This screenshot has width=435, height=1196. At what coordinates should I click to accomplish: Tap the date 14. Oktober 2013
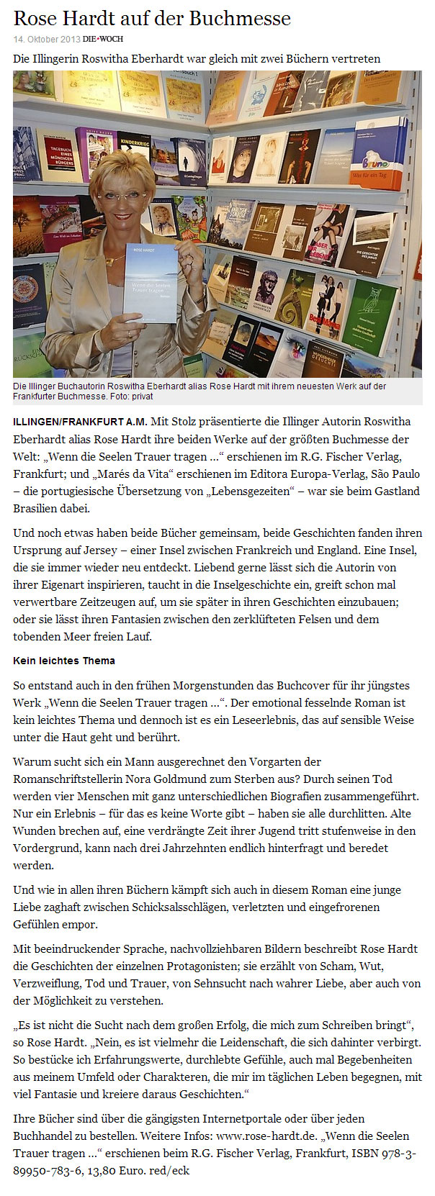pos(46,39)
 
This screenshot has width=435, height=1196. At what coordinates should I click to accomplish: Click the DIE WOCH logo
pos(102,39)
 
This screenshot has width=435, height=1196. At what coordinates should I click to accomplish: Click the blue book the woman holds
pos(151,281)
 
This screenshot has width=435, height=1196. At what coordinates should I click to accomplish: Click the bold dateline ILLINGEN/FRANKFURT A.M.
pos(80,422)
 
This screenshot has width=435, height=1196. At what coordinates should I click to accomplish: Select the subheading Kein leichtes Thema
pos(64,660)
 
